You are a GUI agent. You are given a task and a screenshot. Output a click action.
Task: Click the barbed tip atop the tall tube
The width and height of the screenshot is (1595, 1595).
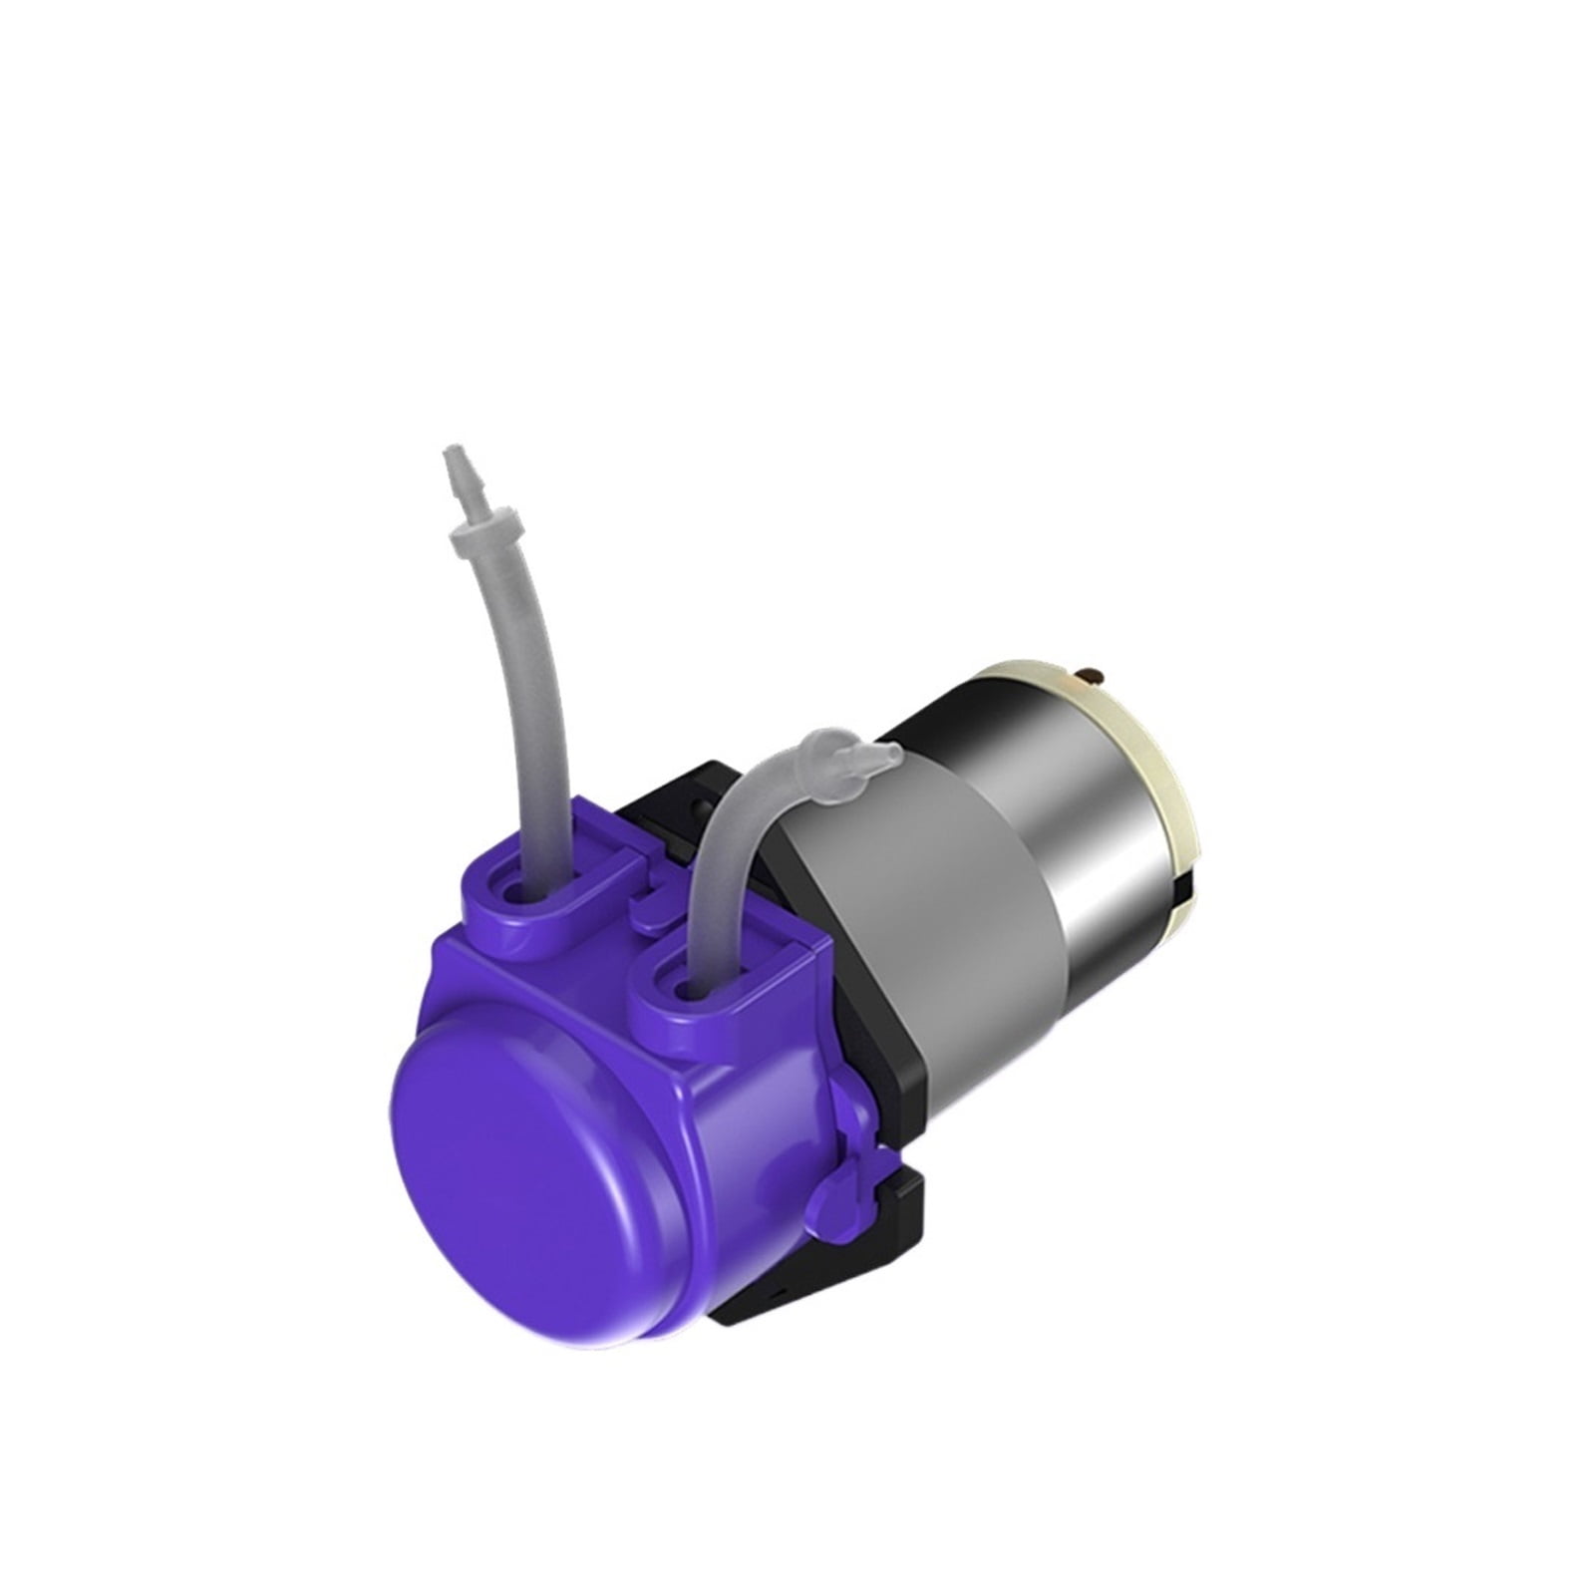point(457,472)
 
